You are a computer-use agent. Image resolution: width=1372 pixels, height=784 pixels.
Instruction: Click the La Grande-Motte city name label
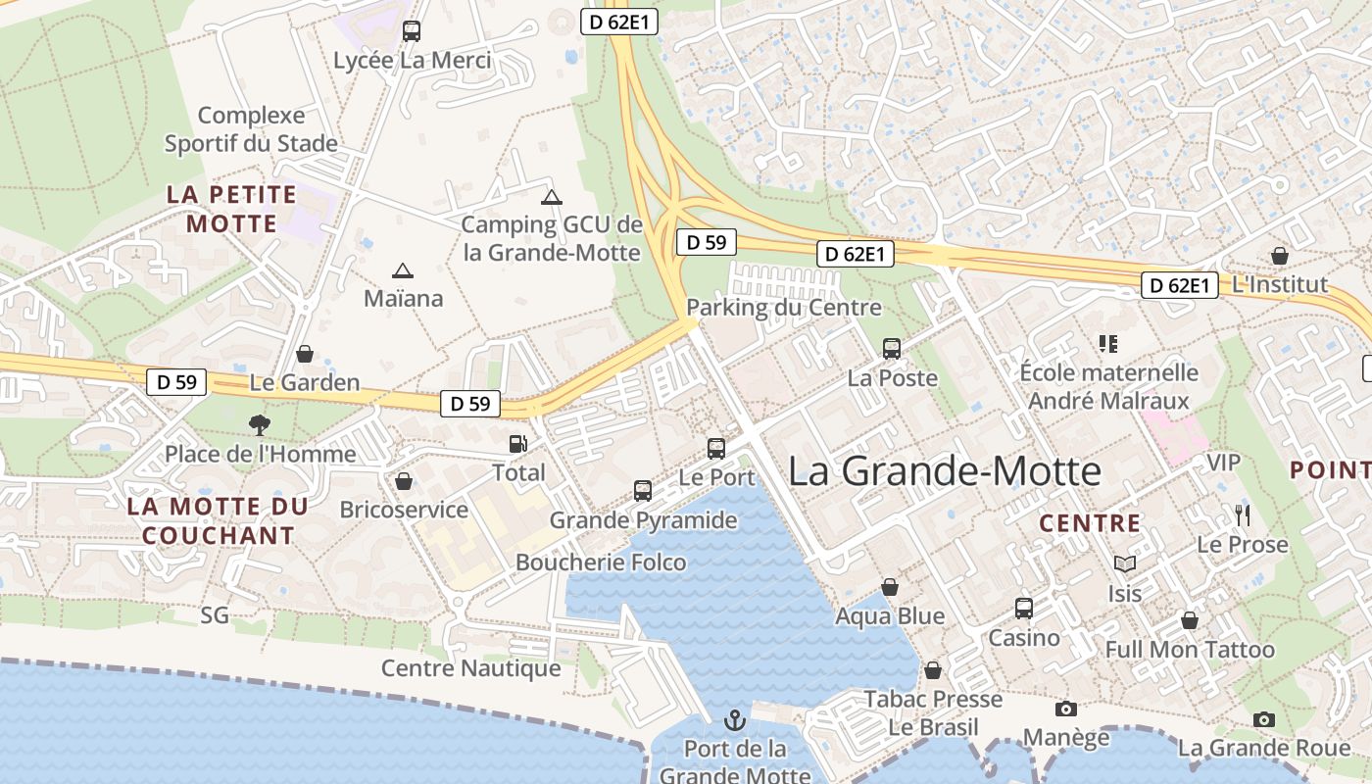pyautogui.click(x=945, y=471)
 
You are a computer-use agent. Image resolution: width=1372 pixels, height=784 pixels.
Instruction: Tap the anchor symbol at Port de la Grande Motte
pyautogui.click(x=734, y=721)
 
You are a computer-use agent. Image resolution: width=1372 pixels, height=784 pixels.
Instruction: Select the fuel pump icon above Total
pyautogui.click(x=517, y=444)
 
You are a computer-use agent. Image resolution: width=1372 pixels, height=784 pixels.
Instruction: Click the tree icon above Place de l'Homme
pyautogui.click(x=260, y=424)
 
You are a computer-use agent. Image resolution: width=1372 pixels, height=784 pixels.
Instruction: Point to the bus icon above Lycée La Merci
pyautogui.click(x=412, y=31)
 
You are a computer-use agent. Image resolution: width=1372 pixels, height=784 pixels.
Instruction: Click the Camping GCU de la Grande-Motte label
pyautogui.click(x=552, y=238)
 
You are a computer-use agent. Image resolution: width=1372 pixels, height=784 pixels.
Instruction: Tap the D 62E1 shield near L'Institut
pyautogui.click(x=1180, y=285)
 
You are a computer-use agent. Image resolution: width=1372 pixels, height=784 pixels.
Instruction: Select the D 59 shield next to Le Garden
pyautogui.click(x=177, y=382)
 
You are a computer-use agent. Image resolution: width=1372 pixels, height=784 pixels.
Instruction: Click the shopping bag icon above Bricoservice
pyautogui.click(x=403, y=481)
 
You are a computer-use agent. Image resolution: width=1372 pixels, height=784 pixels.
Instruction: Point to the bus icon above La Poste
pyautogui.click(x=892, y=348)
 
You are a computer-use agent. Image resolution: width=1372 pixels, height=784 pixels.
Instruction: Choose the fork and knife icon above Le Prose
pyautogui.click(x=1243, y=514)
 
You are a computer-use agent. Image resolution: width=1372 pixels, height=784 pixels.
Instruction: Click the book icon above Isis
pyautogui.click(x=1125, y=564)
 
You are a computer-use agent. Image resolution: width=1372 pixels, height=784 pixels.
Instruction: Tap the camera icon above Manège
pyautogui.click(x=1066, y=709)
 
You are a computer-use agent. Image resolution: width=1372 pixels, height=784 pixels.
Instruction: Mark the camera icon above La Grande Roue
pyautogui.click(x=1264, y=719)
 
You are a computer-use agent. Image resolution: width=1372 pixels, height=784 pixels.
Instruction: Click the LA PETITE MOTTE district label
pyautogui.click(x=231, y=209)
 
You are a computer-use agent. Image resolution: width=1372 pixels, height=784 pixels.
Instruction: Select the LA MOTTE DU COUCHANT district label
pyautogui.click(x=218, y=521)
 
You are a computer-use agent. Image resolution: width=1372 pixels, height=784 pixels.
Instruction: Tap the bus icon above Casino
pyautogui.click(x=1024, y=609)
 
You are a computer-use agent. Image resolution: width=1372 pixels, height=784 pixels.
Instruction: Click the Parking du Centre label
pyautogui.click(x=783, y=308)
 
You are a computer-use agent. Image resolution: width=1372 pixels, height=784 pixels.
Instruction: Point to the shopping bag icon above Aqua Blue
pyautogui.click(x=890, y=587)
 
